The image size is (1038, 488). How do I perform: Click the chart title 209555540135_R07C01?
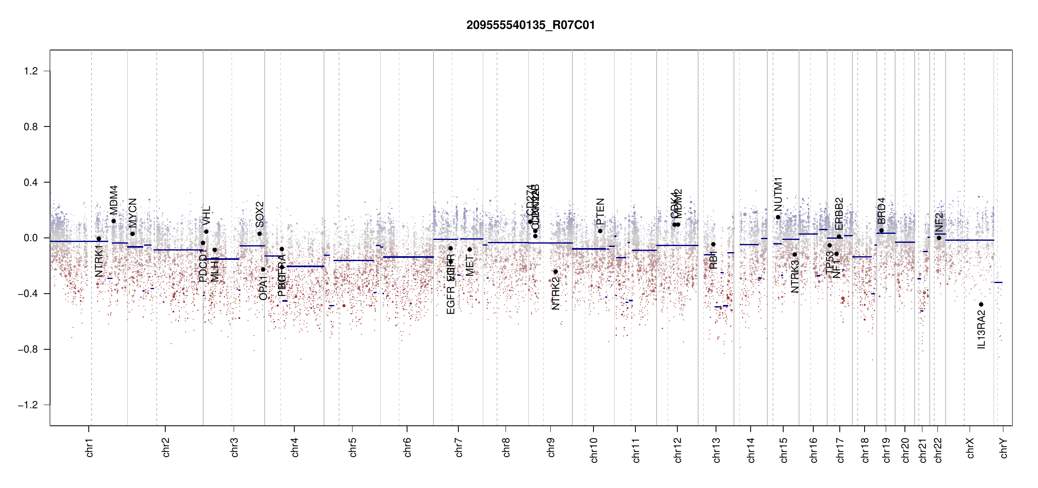(x=530, y=25)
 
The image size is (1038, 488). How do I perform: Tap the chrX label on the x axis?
(x=970, y=448)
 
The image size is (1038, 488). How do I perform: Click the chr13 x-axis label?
(x=716, y=450)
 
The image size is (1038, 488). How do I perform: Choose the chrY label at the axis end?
(x=1004, y=448)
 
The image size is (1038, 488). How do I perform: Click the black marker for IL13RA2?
(x=981, y=305)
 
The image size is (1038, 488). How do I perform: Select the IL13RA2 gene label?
(x=981, y=329)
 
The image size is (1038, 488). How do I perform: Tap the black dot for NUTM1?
(x=778, y=217)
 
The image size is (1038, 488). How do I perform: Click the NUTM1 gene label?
(x=778, y=194)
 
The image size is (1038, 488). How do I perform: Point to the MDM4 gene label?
(x=114, y=200)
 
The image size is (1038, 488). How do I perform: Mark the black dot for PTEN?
(x=600, y=231)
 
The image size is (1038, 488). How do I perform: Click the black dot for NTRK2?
(x=556, y=272)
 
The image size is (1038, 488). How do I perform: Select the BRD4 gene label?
(x=881, y=211)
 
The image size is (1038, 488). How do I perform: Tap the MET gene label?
(x=470, y=266)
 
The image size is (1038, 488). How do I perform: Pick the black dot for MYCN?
(x=132, y=234)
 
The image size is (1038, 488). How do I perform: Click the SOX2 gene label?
(x=260, y=214)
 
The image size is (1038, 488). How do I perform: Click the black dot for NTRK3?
(x=795, y=255)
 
